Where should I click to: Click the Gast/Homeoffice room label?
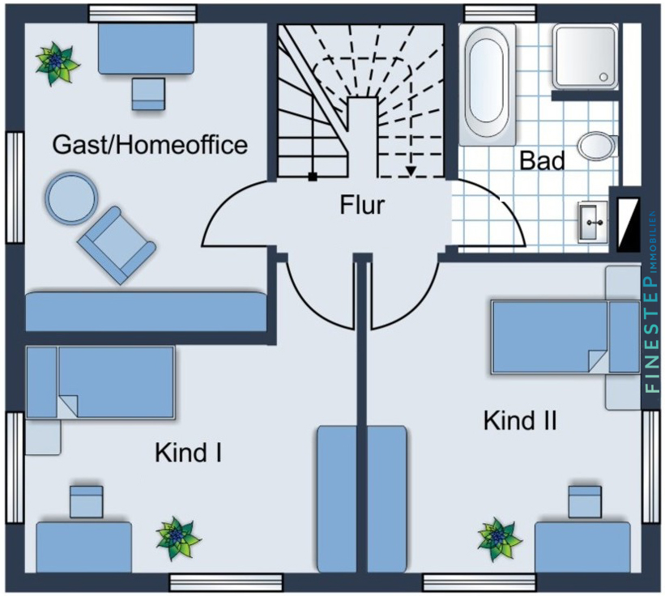tap(150, 145)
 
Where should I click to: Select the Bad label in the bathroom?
tap(542, 160)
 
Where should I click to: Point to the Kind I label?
tap(189, 453)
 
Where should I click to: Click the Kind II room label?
tap(519, 421)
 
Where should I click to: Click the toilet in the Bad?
tap(598, 146)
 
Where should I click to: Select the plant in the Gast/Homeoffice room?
tap(58, 62)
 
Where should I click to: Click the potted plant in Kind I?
tap(177, 536)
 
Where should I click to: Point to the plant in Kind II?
tap(499, 537)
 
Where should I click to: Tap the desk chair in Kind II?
tap(585, 501)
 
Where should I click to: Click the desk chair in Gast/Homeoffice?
tap(150, 93)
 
